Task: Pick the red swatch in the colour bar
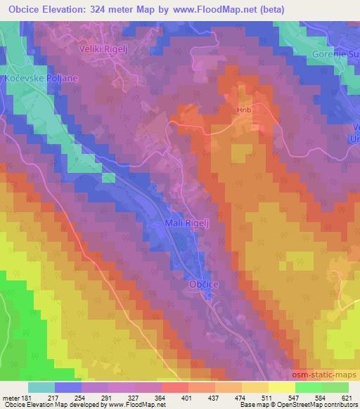click(x=174, y=387)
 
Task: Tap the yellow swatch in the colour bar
click(x=254, y=387)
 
